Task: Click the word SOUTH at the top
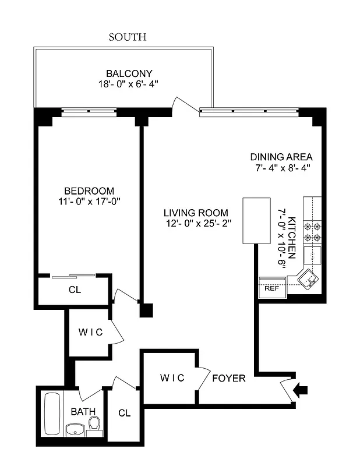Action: pyautogui.click(x=128, y=37)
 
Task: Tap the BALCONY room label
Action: pyautogui.click(x=129, y=73)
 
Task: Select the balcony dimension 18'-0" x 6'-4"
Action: pyautogui.click(x=129, y=84)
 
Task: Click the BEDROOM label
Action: pyautogui.click(x=89, y=191)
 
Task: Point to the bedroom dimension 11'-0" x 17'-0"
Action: pyautogui.click(x=89, y=202)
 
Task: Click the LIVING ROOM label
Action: pyautogui.click(x=196, y=213)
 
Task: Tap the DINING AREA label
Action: pyautogui.click(x=281, y=157)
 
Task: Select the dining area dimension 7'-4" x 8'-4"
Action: pyautogui.click(x=281, y=168)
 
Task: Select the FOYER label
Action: pyautogui.click(x=228, y=378)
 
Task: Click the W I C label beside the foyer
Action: pyautogui.click(x=172, y=378)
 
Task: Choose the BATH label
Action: pyautogui.click(x=83, y=411)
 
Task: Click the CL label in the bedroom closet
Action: pyautogui.click(x=75, y=289)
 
